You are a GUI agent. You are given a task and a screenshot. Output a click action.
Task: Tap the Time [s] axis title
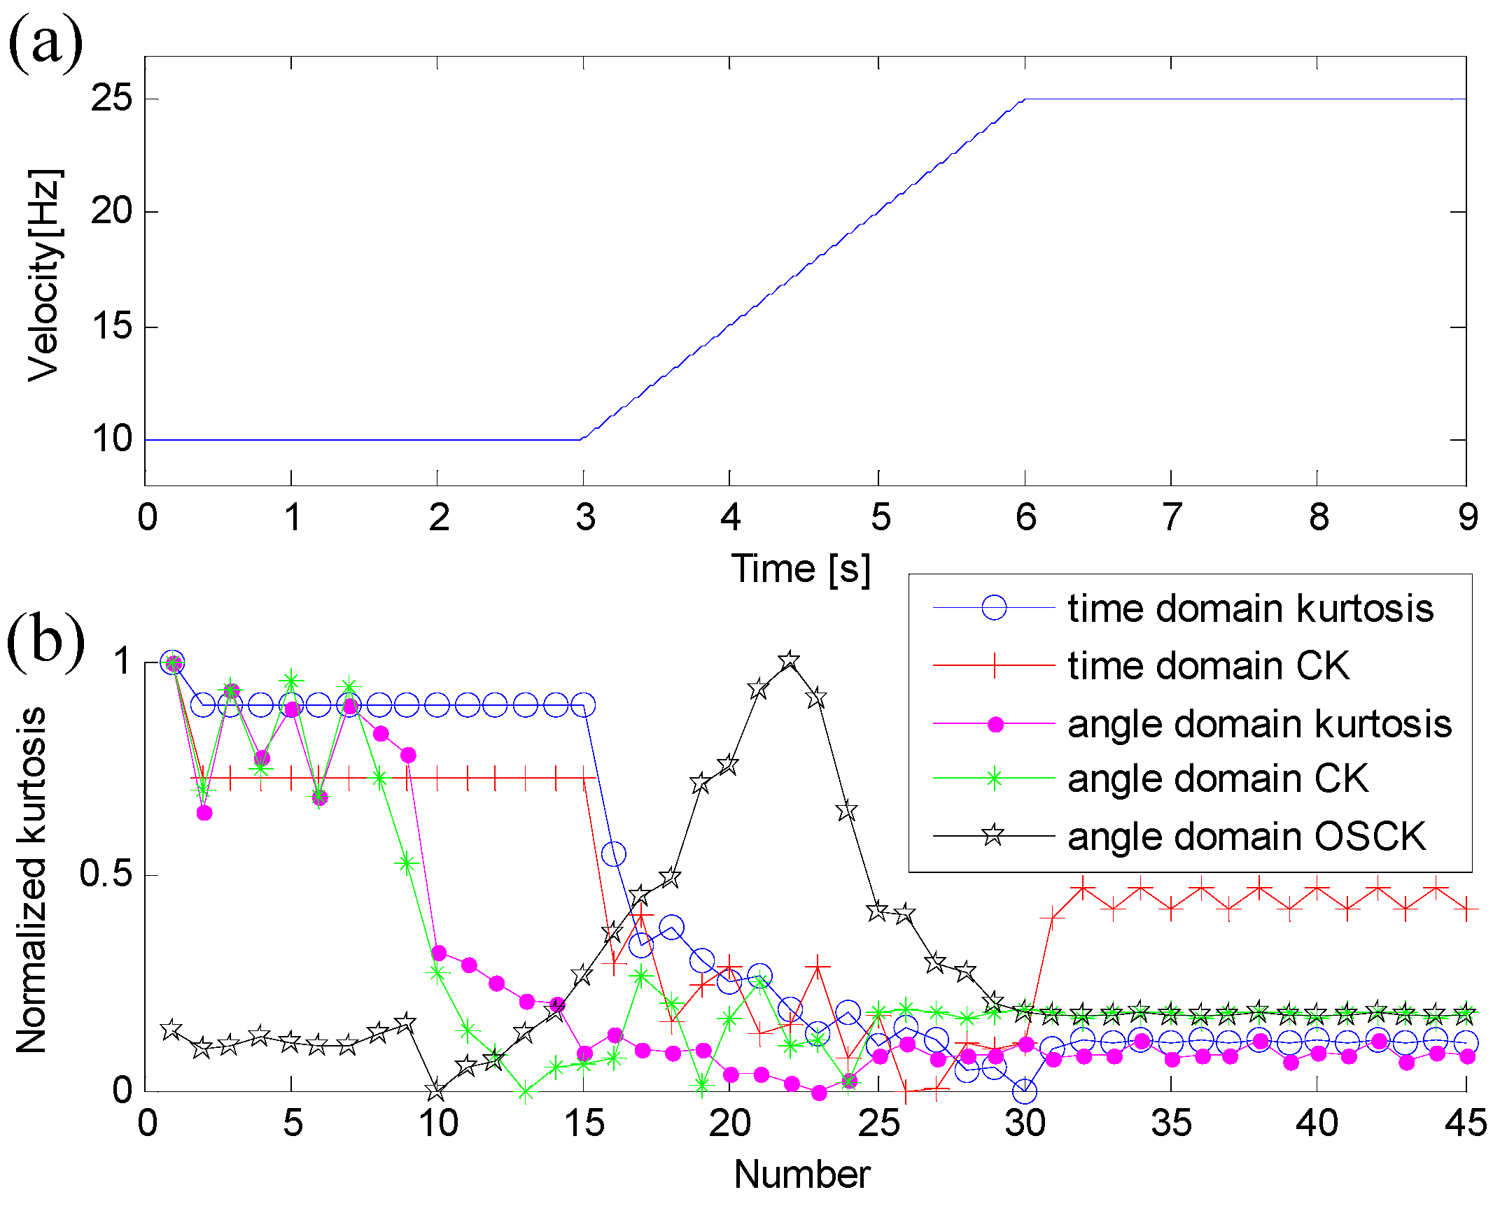click(801, 569)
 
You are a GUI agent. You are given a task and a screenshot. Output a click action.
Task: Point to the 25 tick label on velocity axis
click(111, 97)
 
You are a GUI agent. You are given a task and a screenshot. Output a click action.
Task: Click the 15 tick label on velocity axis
click(111, 326)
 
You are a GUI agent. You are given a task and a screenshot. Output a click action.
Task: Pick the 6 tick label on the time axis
click(1025, 517)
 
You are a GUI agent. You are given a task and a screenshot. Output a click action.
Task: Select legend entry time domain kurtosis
click(1250, 608)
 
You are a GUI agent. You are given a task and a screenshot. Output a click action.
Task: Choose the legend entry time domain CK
click(1208, 665)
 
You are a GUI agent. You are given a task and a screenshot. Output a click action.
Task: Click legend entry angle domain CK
click(1217, 779)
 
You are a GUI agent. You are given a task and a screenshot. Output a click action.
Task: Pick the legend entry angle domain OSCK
click(1246, 836)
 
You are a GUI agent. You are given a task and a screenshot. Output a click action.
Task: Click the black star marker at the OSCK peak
click(790, 660)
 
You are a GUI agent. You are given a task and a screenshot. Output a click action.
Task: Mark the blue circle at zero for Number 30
click(1025, 1091)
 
